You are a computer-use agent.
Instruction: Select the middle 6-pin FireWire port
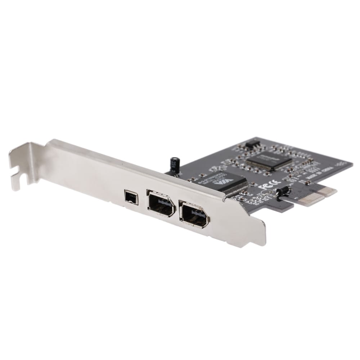click(161, 204)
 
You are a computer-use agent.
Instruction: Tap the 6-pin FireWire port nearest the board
click(194, 214)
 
